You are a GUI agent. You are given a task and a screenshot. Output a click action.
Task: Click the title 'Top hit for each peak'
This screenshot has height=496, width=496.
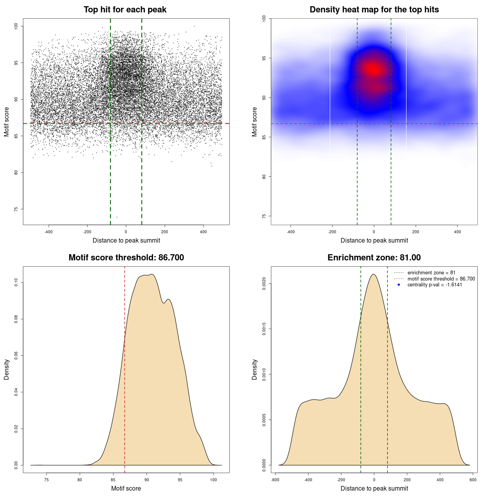coord(125,10)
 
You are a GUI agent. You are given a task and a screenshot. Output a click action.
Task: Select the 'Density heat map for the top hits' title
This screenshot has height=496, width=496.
coord(374,10)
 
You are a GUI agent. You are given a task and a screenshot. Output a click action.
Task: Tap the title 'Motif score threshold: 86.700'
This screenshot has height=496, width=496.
coord(126,258)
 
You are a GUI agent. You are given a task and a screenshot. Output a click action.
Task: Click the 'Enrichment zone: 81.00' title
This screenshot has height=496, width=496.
coord(374,258)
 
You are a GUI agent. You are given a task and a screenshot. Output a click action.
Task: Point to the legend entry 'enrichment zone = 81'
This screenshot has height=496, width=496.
coord(431,273)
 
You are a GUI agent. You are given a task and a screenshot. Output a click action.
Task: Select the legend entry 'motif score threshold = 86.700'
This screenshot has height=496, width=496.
coord(441,279)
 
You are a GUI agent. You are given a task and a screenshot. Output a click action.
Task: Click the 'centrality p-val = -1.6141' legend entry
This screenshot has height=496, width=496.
coord(435,285)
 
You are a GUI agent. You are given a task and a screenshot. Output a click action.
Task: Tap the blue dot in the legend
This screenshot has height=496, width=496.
coord(399,285)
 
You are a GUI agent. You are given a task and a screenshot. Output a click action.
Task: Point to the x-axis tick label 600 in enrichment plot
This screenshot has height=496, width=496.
coord(473,480)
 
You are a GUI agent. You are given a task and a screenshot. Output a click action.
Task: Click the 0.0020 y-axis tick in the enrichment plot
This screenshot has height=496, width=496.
coord(264,284)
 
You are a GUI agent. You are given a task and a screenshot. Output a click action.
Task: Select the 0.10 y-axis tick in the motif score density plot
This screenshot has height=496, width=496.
coord(16,283)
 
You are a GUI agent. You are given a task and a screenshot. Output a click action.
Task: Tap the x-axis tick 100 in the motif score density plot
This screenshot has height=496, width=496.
coord(214,480)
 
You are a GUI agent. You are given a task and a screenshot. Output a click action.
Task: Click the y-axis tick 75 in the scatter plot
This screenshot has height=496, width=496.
coord(16,209)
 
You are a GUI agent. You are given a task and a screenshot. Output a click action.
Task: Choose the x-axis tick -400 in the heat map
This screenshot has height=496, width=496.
coord(290,232)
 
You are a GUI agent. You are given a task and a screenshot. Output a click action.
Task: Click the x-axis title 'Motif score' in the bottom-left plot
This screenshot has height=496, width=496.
coord(126,488)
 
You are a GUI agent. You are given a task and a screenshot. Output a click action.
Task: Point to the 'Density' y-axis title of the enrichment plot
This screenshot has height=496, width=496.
coord(255,369)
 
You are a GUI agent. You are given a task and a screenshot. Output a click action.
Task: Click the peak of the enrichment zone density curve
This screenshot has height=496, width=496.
coord(374,274)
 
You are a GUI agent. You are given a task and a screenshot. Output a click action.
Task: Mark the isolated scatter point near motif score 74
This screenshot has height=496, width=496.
coord(117,217)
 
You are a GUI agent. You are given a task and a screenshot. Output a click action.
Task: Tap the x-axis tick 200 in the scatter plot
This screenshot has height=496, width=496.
coord(165,232)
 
